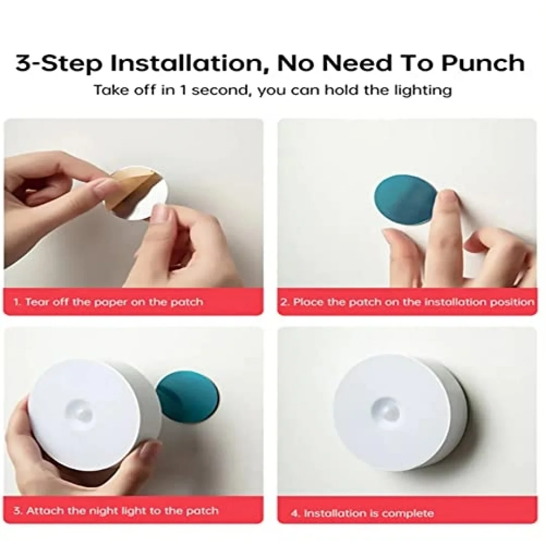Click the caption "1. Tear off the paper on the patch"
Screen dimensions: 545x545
click(x=108, y=301)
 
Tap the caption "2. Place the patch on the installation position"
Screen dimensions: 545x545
click(x=407, y=301)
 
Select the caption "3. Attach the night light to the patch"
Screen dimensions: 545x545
click(x=116, y=511)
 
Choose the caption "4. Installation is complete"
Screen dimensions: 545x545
click(x=362, y=513)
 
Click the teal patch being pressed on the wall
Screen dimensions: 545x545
click(x=403, y=199)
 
